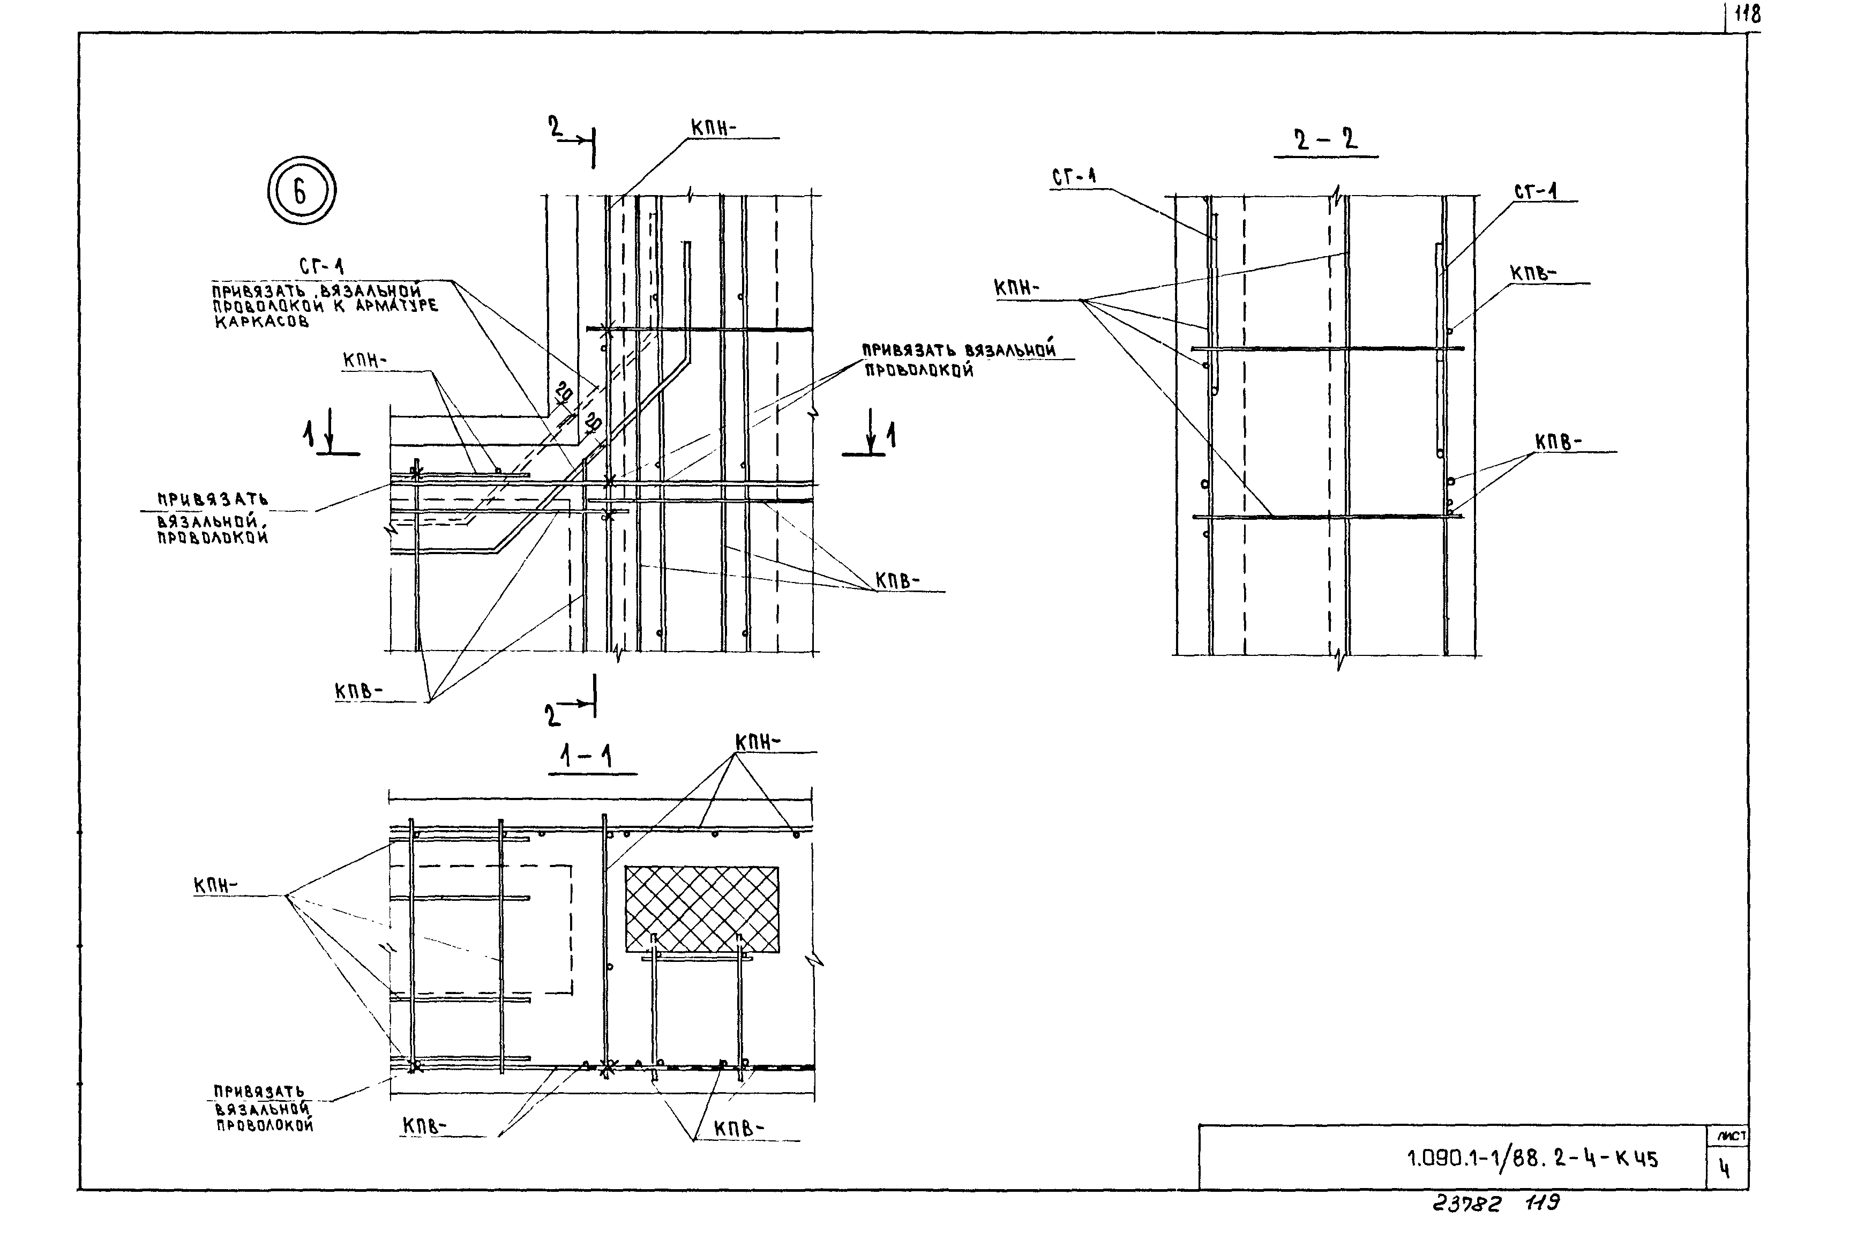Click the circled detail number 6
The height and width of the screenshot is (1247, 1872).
pos(301,191)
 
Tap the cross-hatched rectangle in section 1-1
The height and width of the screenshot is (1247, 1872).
pos(701,909)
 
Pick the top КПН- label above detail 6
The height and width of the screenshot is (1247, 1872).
pos(713,127)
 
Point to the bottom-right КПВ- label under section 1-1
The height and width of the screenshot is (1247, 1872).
pos(738,1129)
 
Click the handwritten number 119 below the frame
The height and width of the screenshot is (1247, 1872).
pos(1542,1203)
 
